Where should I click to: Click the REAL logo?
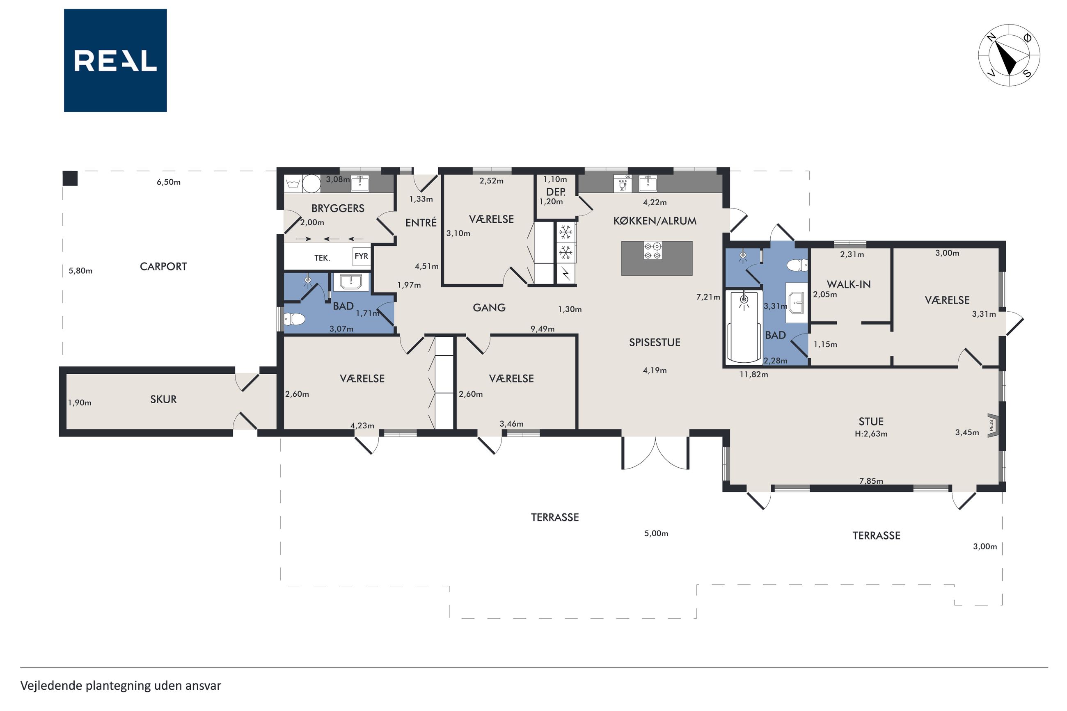(115, 60)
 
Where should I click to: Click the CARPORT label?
(163, 267)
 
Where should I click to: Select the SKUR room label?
(163, 400)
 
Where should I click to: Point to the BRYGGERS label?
(338, 208)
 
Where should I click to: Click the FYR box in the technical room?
(362, 256)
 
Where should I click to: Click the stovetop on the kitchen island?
(653, 251)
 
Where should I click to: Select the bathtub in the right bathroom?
(744, 328)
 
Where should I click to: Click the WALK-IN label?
(848, 285)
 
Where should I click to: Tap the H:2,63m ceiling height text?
(871, 434)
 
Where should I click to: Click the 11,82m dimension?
(753, 375)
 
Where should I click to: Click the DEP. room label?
(556, 192)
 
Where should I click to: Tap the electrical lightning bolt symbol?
(566, 274)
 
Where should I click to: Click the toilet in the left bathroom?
(293, 319)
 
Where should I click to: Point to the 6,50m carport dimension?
(169, 182)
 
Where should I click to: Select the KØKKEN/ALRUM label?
(654, 221)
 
